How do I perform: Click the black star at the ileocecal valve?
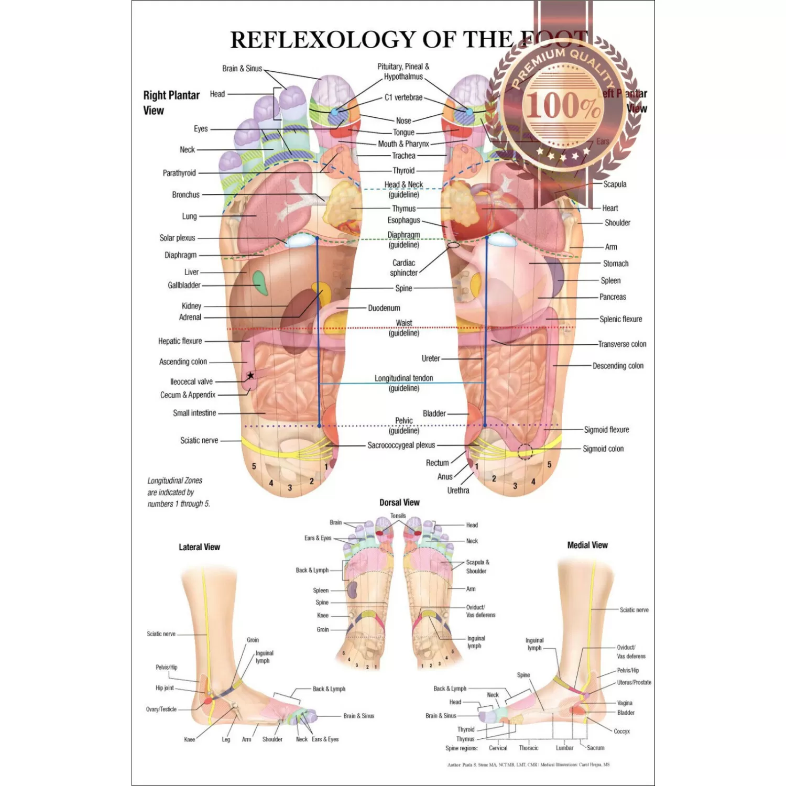pyautogui.click(x=250, y=375)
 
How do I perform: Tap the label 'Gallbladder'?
pyautogui.click(x=184, y=285)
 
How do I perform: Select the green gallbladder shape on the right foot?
pyautogui.click(x=258, y=282)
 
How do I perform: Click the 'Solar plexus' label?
pyautogui.click(x=177, y=238)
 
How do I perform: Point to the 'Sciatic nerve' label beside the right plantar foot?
pyautogui.click(x=199, y=440)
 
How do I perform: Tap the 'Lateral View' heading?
pyautogui.click(x=199, y=547)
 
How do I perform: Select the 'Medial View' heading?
pyautogui.click(x=587, y=545)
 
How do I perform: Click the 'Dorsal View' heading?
pyautogui.click(x=399, y=503)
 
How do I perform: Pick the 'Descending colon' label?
pyautogui.click(x=618, y=366)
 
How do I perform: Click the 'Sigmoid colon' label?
pyautogui.click(x=603, y=449)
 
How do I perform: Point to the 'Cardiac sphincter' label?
pyautogui.click(x=403, y=268)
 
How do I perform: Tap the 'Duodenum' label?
pyautogui.click(x=384, y=308)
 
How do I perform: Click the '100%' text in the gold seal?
pyautogui.click(x=563, y=105)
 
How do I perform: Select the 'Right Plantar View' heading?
pyautogui.click(x=171, y=103)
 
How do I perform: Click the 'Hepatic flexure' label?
pyautogui.click(x=180, y=341)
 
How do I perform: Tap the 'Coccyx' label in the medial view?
pyautogui.click(x=621, y=731)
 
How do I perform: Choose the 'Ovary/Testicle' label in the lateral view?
pyautogui.click(x=161, y=709)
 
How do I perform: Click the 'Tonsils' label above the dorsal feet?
pyautogui.click(x=398, y=516)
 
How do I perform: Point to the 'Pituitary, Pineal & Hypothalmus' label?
pyautogui.click(x=403, y=72)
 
